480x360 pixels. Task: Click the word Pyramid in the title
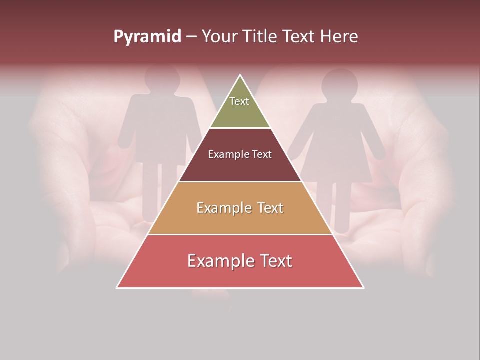click(x=147, y=37)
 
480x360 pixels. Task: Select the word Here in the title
click(x=338, y=37)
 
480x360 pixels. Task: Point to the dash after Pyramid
click(x=191, y=37)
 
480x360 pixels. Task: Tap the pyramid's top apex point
click(x=240, y=75)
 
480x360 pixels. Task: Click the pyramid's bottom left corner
click(x=117, y=287)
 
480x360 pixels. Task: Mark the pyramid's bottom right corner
click(x=363, y=287)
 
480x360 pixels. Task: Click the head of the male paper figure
click(x=162, y=80)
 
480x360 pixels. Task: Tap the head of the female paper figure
click(x=339, y=85)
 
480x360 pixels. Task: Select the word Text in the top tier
click(x=239, y=101)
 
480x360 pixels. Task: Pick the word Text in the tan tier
click(x=265, y=208)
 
